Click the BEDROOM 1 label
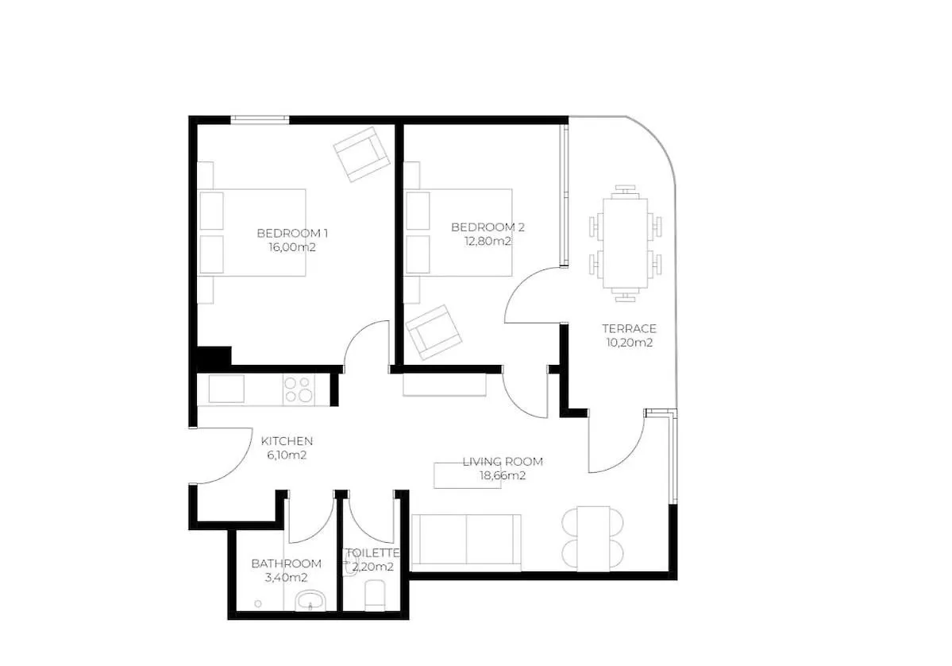click(292, 233)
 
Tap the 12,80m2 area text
click(488, 242)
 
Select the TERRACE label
click(629, 328)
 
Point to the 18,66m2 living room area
click(503, 476)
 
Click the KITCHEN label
click(287, 441)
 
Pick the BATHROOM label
click(286, 563)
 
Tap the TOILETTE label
click(372, 553)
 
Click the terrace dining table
click(625, 244)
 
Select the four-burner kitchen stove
click(299, 389)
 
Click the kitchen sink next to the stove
click(226, 389)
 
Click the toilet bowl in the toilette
click(374, 595)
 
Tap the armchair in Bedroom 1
click(361, 154)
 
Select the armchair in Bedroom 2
click(434, 332)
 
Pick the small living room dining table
click(593, 538)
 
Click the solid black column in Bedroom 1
click(214, 357)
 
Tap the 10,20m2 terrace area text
click(629, 343)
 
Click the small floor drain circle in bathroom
click(258, 604)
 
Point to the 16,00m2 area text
click(292, 247)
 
